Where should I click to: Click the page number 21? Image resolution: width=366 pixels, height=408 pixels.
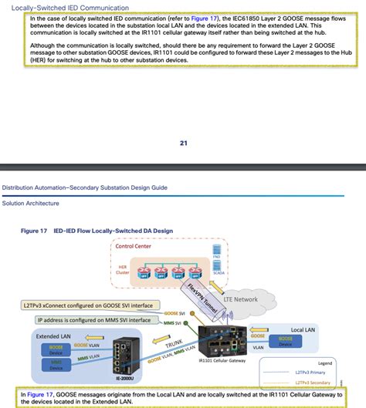(x=183, y=142)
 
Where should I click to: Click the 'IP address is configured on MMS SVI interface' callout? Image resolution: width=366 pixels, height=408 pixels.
(x=90, y=319)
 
